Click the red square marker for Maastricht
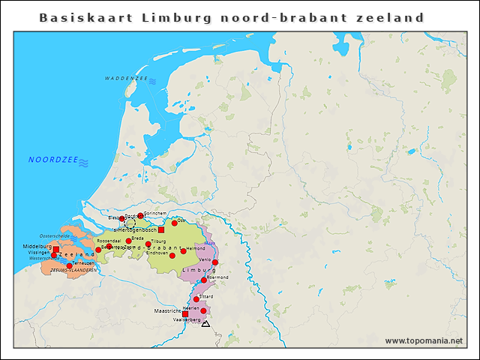pyautogui.click(x=185, y=314)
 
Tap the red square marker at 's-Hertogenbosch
pyautogui.click(x=161, y=229)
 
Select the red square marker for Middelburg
pyautogui.click(x=56, y=249)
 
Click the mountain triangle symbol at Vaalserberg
pyautogui.click(x=205, y=323)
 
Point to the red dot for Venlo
pyautogui.click(x=215, y=262)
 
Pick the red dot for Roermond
pyautogui.click(x=204, y=280)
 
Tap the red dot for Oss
pyautogui.click(x=175, y=223)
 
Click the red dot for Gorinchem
pyautogui.click(x=140, y=216)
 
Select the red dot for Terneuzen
pyautogui.click(x=70, y=265)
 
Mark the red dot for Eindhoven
pyautogui.click(x=172, y=256)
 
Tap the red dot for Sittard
pyautogui.click(x=196, y=299)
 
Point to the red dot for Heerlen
pyautogui.click(x=203, y=310)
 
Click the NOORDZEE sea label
pyautogui.click(x=53, y=160)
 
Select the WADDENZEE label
pyautogui.click(x=125, y=79)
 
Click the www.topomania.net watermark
pyautogui.click(x=424, y=341)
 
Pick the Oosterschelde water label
pyautogui.click(x=53, y=235)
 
